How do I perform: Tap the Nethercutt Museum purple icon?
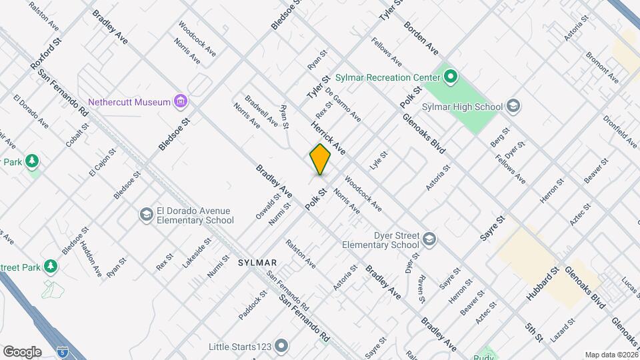click(180, 102)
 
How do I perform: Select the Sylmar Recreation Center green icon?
click(450, 77)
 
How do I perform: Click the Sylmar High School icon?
click(513, 106)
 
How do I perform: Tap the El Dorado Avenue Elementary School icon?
click(146, 215)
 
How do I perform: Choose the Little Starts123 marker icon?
click(281, 346)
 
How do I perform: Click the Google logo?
click(22, 351)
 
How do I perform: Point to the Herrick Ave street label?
click(327, 138)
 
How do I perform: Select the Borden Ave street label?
click(421, 39)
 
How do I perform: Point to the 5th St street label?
click(535, 333)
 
